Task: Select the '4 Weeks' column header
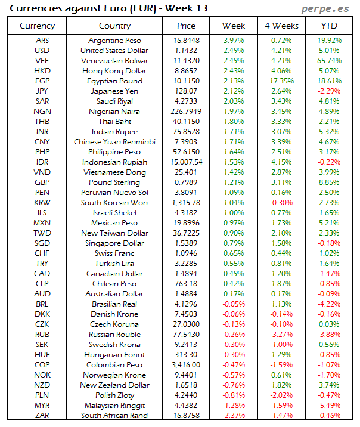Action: pyautogui.click(x=281, y=26)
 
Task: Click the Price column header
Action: pyautogui.click(x=187, y=26)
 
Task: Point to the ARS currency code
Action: pyautogui.click(x=42, y=40)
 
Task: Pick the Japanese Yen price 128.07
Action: pyautogui.click(x=187, y=91)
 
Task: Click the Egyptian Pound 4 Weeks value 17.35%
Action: pyautogui.click(x=281, y=81)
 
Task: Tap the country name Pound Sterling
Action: pyautogui.click(x=114, y=182)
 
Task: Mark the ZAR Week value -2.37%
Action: pyautogui.click(x=234, y=416)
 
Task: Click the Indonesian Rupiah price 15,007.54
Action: pyautogui.click(x=187, y=162)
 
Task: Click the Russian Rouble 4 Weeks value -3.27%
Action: pyautogui.click(x=281, y=335)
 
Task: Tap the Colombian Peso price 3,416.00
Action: pyautogui.click(x=187, y=364)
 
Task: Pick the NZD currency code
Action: pyautogui.click(x=42, y=385)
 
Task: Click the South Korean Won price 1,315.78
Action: pyautogui.click(x=187, y=203)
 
